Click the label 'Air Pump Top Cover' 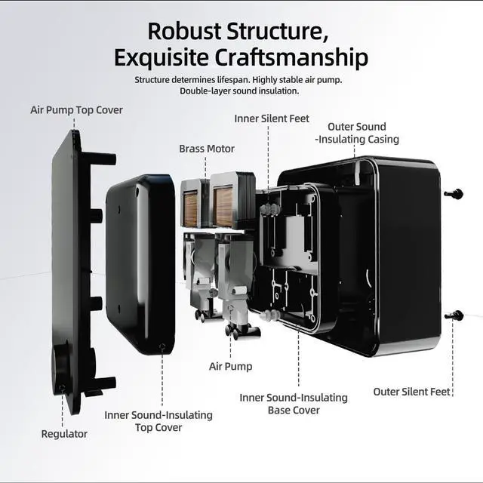tap(76, 110)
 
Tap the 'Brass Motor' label tap(207, 149)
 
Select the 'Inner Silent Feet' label tap(272, 118)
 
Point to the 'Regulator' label tap(64, 434)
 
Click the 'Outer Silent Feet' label tap(412, 392)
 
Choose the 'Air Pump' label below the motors tap(230, 367)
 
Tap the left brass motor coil tap(191, 208)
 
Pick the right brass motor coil tap(223, 207)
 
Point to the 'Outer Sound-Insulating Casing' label tap(357, 133)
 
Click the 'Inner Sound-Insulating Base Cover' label tap(294, 404)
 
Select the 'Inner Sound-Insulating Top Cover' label tap(158, 421)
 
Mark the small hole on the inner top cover tap(162, 347)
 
